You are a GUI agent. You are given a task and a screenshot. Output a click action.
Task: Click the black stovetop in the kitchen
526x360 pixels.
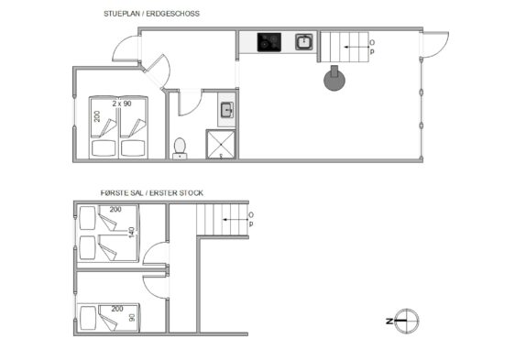click(269, 42)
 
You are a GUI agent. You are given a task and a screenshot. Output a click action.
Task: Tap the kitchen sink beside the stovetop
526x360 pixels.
click(304, 42)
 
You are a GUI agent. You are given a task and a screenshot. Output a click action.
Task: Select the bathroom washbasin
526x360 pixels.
click(226, 110)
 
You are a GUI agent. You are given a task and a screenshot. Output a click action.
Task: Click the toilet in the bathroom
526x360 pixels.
click(180, 148)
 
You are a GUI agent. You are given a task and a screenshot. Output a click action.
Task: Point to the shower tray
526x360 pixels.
click(221, 144)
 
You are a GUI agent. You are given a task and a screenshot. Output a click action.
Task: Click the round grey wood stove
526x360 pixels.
click(334, 79)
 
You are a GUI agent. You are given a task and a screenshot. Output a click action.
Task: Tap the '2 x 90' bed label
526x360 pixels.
click(122, 104)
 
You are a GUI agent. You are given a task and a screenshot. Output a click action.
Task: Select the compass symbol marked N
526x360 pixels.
click(406, 321)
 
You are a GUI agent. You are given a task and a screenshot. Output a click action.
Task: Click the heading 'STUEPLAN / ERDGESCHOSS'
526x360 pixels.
click(151, 14)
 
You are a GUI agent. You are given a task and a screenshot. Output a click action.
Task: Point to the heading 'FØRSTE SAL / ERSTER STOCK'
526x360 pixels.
click(152, 193)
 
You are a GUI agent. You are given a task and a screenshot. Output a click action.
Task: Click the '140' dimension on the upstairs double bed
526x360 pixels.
click(132, 233)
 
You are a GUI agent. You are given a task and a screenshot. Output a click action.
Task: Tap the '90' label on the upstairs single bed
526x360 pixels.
click(132, 317)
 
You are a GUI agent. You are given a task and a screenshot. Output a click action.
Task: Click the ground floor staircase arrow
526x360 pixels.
click(357, 48)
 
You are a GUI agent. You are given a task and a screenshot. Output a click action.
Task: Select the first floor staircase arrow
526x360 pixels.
click(236, 220)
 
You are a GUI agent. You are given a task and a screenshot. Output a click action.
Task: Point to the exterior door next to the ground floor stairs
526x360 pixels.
click(435, 45)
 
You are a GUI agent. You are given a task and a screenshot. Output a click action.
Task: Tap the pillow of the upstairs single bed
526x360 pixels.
click(88, 318)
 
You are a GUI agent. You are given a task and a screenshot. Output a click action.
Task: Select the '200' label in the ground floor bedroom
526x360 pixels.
click(97, 116)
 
